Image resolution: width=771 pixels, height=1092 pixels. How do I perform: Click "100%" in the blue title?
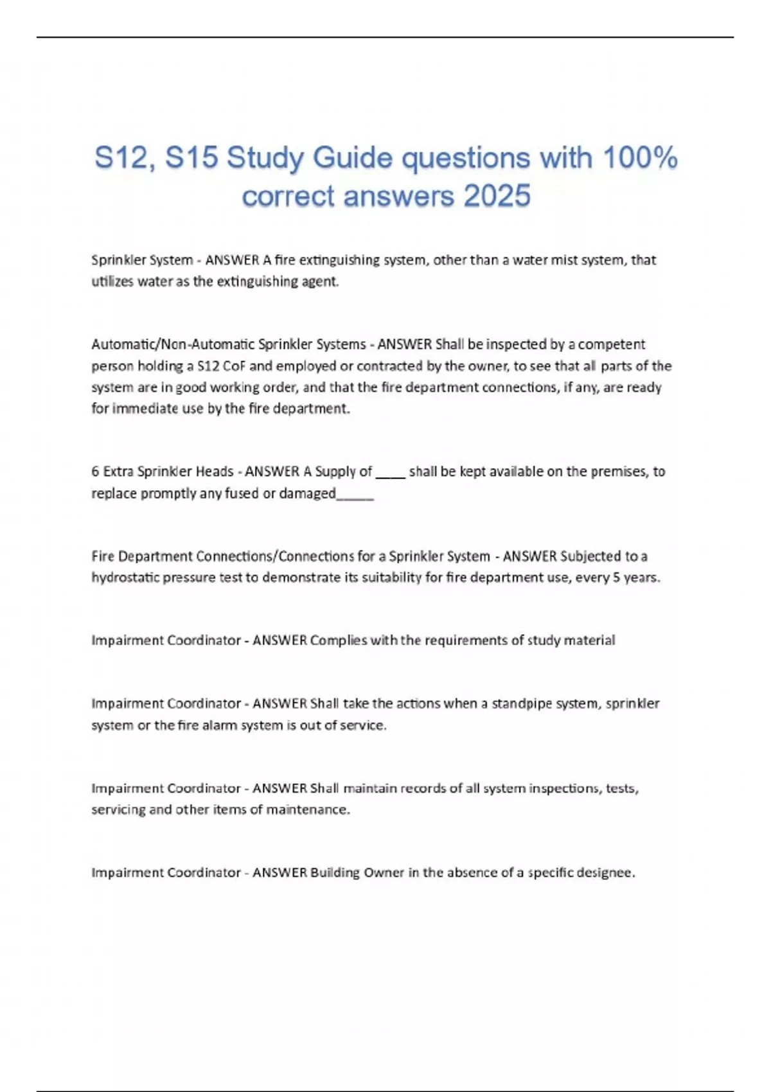[639, 158]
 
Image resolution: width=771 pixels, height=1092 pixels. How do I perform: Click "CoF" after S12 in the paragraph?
[234, 366]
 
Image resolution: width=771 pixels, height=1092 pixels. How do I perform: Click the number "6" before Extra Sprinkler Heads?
[95, 471]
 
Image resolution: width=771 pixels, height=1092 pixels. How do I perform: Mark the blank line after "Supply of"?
[390, 475]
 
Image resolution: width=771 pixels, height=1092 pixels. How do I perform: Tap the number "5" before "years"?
[616, 577]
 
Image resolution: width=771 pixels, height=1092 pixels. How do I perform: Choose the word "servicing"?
[118, 809]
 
